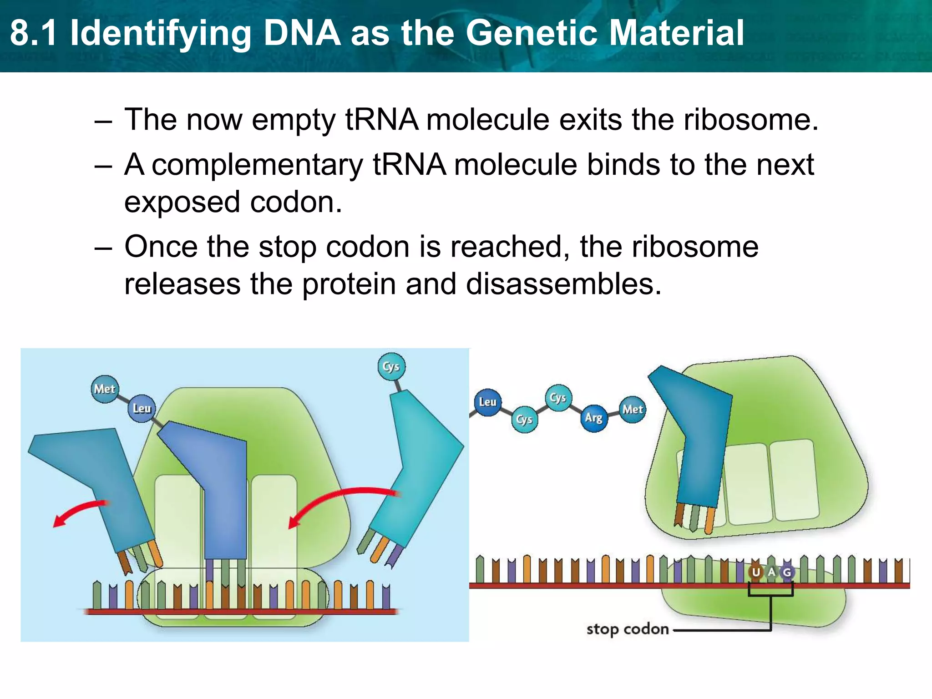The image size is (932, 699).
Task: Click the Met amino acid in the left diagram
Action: click(105, 389)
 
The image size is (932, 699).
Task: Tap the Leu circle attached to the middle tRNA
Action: click(142, 408)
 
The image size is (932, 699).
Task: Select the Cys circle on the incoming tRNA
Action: click(391, 367)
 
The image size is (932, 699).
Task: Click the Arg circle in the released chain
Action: click(593, 418)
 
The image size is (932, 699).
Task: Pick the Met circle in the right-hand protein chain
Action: click(633, 410)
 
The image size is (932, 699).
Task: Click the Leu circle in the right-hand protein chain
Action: click(487, 402)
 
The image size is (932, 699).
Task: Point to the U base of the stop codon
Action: click(756, 572)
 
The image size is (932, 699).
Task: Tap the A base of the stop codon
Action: click(771, 572)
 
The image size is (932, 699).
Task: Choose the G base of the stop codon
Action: click(787, 572)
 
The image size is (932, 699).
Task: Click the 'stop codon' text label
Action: click(628, 629)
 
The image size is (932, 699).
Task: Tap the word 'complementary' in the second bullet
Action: click(257, 165)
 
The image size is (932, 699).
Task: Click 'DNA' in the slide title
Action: click(302, 33)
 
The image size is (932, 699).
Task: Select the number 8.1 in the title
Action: click(34, 33)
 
